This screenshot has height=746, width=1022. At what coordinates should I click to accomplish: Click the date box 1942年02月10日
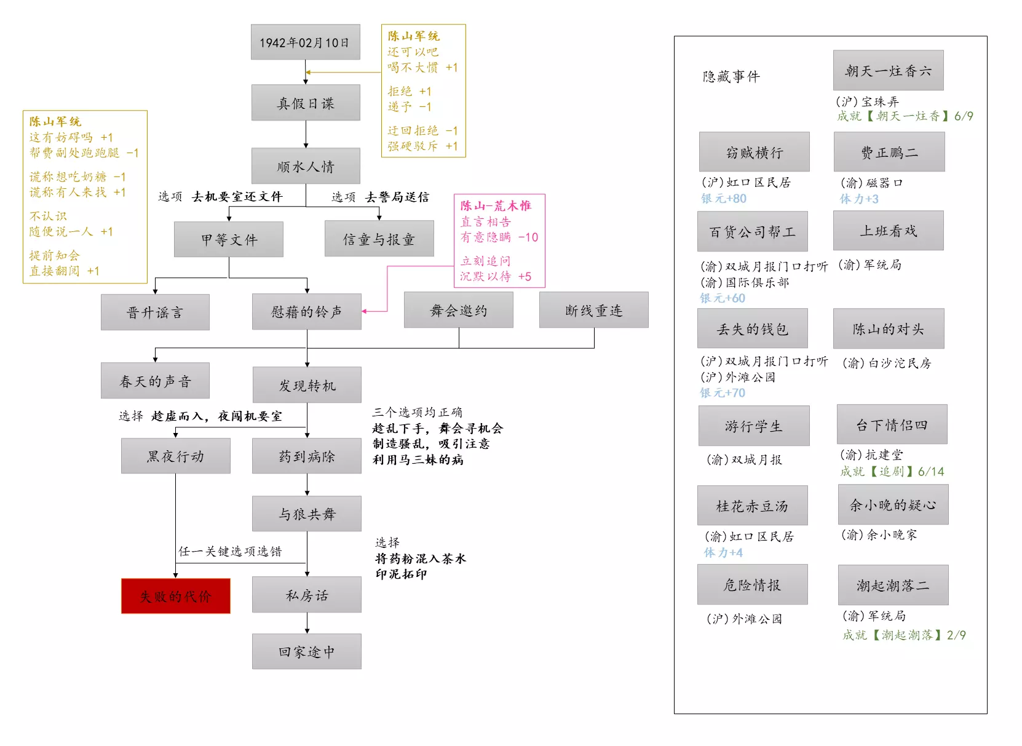(305, 42)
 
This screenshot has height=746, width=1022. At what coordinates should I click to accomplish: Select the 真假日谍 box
(306, 103)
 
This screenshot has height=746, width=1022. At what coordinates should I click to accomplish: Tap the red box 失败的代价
(176, 596)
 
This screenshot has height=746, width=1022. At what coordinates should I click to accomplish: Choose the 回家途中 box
(307, 651)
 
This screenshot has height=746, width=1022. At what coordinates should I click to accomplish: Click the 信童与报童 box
(379, 239)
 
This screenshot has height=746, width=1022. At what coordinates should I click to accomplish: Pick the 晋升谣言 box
(155, 312)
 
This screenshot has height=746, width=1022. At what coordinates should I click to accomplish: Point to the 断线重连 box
(593, 310)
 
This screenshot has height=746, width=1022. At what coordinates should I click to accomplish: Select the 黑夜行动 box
(176, 456)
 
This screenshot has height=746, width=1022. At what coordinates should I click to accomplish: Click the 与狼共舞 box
(307, 514)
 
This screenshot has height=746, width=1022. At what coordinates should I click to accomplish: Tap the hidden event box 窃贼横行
(754, 152)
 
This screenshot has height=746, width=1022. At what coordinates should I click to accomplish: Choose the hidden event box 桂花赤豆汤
(752, 506)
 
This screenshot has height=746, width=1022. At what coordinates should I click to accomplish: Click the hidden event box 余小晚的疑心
(893, 505)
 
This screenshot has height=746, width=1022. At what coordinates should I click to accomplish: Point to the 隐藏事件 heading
(731, 76)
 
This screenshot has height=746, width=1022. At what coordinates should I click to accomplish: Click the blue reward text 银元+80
(724, 199)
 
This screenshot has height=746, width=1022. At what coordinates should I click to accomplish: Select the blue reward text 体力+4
(723, 552)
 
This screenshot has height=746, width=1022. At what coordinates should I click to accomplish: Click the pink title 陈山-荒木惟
(496, 206)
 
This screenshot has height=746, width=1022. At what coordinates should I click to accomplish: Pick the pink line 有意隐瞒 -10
(499, 237)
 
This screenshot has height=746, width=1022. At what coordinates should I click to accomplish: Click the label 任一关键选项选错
(230, 551)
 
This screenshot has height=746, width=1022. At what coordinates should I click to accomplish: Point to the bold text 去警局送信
(397, 197)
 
